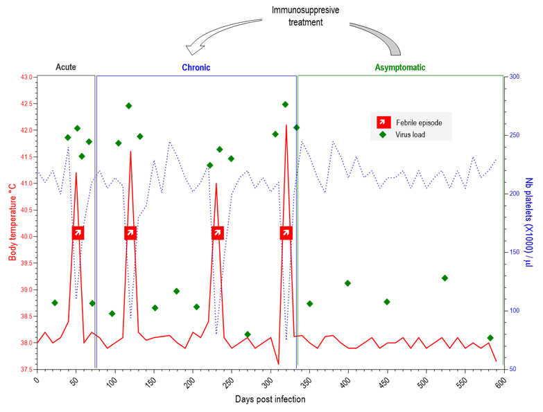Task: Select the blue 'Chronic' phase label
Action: point(196,68)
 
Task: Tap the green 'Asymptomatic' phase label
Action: point(400,68)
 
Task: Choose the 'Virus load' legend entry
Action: point(409,135)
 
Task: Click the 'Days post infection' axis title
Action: point(269,400)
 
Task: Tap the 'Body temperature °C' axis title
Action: point(12,223)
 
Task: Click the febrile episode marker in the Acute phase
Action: point(77,233)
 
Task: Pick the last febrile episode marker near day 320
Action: point(286,233)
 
